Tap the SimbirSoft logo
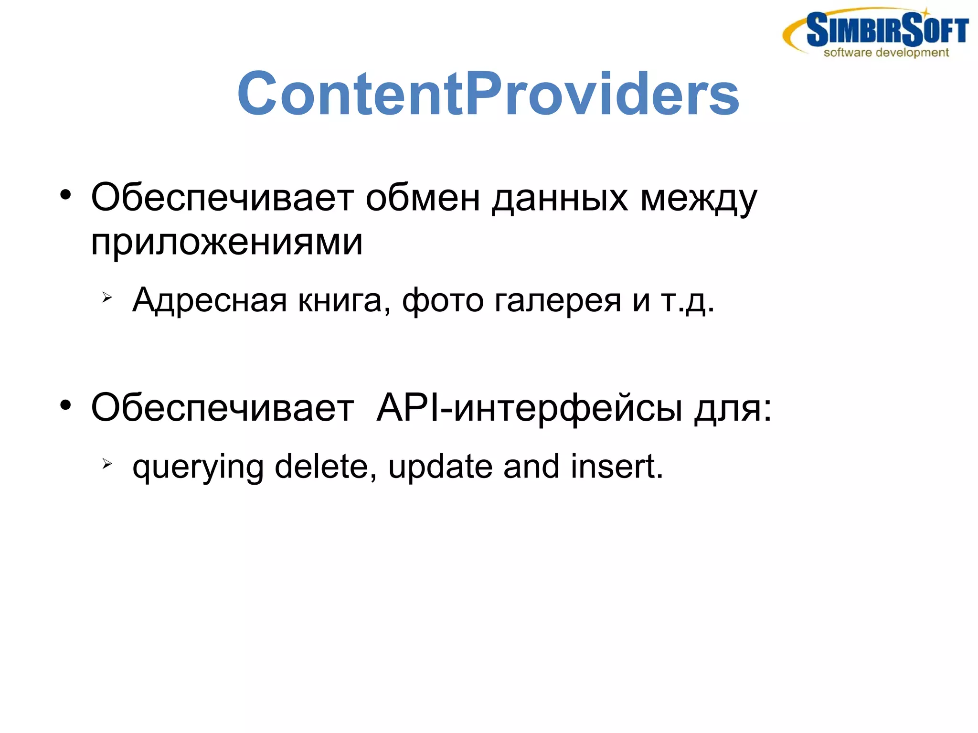(x=876, y=32)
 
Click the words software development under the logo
(x=886, y=53)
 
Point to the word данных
(x=560, y=199)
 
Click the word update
(x=440, y=467)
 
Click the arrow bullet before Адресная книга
(x=107, y=298)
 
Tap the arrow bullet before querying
(x=107, y=463)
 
